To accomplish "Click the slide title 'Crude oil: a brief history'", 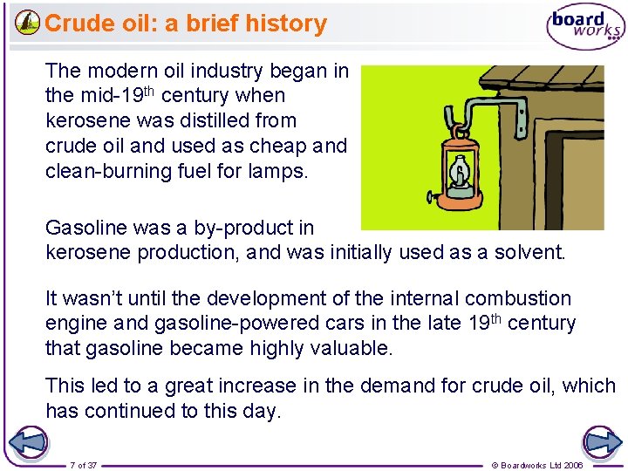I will click(185, 24).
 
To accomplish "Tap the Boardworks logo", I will click(585, 26).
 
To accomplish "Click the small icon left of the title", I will click(27, 23).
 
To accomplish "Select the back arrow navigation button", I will click(28, 442).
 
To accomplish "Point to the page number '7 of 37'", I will click(84, 465).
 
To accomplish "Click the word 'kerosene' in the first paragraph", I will click(85, 120).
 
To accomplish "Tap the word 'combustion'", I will click(517, 299).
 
